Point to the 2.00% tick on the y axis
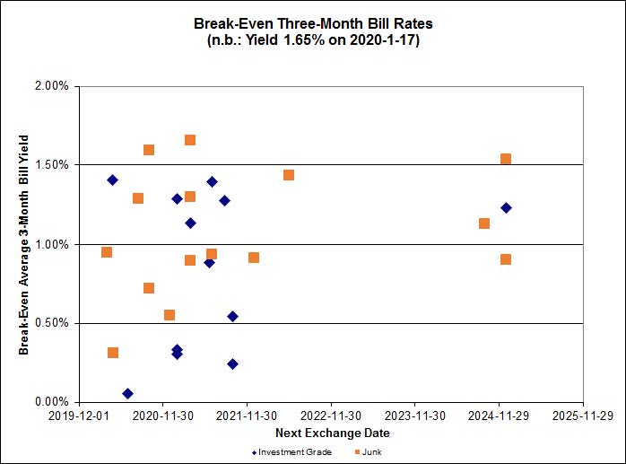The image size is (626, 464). (51, 86)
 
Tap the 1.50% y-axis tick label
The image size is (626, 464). (51, 165)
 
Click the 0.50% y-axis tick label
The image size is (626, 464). (51, 323)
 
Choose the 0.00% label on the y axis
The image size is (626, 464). (51, 402)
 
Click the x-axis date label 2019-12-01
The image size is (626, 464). (78, 416)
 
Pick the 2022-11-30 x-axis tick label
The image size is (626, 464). (331, 416)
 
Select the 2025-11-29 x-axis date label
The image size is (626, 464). (583, 416)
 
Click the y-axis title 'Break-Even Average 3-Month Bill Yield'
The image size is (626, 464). (24, 244)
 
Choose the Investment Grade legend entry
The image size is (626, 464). (291, 451)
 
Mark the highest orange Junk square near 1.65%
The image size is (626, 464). (190, 140)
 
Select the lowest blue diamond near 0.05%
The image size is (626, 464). (127, 393)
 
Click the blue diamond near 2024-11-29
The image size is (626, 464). (506, 207)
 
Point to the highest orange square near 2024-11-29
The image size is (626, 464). (506, 159)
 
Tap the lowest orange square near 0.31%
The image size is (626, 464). (113, 353)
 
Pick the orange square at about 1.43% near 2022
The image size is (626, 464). (289, 175)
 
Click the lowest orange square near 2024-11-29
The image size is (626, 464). (506, 259)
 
